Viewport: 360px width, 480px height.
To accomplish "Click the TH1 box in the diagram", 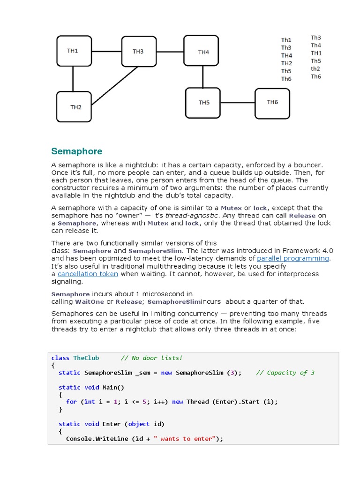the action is coord(73,51).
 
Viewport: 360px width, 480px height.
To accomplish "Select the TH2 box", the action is coord(75,107).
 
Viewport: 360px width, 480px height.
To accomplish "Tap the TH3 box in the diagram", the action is coord(138,52).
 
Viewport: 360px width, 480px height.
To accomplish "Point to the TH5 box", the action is coord(203,103).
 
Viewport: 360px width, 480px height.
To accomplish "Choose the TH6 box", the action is coord(272,103).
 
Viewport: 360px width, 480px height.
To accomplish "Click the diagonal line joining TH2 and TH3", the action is coord(115,85).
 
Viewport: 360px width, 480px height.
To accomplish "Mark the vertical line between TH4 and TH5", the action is coord(203,77).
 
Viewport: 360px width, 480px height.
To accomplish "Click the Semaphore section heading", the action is coord(76,151).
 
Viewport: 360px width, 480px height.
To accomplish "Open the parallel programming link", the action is coord(293,258).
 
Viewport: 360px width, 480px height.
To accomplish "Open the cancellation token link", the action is coord(88,274).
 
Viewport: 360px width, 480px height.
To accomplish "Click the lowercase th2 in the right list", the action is coord(315,68).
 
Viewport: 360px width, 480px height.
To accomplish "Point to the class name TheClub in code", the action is coord(86,358).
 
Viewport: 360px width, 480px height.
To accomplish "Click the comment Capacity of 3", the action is coord(285,373).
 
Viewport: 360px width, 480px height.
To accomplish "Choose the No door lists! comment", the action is coord(151,358).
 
